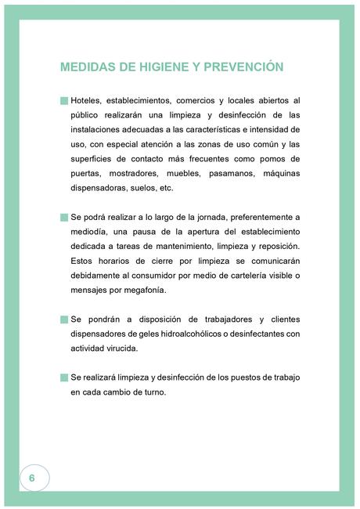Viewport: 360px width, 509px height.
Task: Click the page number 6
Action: click(32, 478)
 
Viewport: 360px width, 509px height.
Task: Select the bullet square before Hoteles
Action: click(64, 100)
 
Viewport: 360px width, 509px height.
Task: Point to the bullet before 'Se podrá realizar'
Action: click(64, 217)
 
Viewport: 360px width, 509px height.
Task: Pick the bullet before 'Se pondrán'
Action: click(64, 319)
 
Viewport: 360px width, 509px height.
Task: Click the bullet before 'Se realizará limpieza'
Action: click(64, 377)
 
